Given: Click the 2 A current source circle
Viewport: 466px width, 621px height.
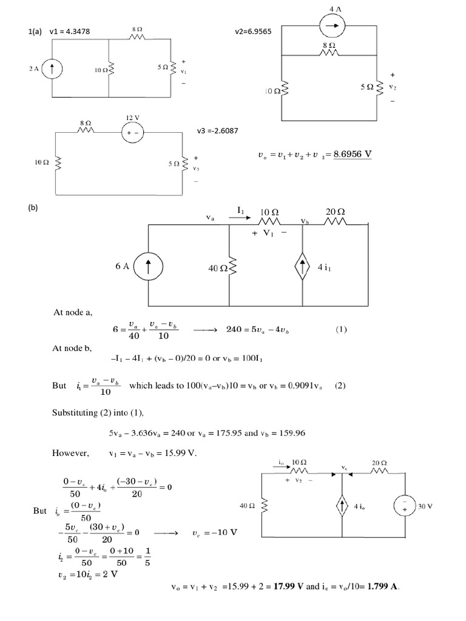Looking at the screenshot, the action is coord(52,69).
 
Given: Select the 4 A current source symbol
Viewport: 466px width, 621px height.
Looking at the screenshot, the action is coord(333,25).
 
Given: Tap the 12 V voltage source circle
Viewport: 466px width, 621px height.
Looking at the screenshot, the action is coord(132,133).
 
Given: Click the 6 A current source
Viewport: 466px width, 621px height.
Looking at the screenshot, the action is coord(148,266).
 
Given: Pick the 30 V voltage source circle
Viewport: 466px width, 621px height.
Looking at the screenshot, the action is coord(405,506).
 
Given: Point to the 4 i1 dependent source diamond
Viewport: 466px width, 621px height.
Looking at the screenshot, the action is coord(302,266).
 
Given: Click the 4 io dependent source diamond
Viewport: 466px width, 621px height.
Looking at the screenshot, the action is coord(342,506).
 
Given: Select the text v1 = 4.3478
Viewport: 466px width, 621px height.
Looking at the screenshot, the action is coord(70,32).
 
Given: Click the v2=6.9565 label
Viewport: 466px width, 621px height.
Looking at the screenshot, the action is coord(253,32).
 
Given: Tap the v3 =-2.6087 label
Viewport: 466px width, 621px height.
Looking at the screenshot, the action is coord(218,131).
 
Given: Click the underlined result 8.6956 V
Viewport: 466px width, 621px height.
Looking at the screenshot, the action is coord(353,154).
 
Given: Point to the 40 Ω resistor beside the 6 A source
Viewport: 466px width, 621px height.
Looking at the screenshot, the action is coord(229,267).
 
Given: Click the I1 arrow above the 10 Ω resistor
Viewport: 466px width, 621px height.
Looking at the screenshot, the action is coord(240,217).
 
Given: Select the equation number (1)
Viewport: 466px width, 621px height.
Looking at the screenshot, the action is coord(341,329).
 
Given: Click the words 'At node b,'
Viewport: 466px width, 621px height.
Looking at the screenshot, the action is coord(72,349).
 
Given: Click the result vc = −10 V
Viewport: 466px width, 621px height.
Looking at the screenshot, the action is coord(215,532).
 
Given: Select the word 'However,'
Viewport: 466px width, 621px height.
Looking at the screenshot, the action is coord(70,453).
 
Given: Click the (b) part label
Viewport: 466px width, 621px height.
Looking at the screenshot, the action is coord(33,207).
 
